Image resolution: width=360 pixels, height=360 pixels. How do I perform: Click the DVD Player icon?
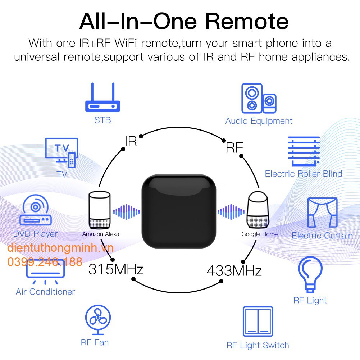35,212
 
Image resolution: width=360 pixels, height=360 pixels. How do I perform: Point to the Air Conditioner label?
45,291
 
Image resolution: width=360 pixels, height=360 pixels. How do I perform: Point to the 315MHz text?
116,269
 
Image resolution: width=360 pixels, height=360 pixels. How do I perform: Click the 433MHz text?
234,271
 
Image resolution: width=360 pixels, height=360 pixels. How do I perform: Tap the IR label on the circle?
131,141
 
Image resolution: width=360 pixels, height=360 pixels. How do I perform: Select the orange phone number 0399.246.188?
45,261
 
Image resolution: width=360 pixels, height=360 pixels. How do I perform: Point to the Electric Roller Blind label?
304,174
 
